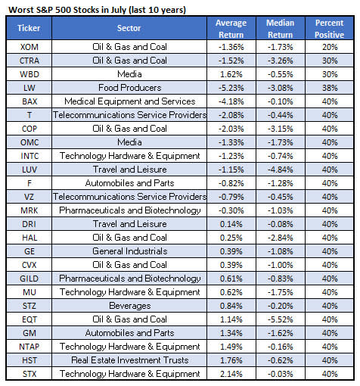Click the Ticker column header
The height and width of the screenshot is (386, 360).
(29, 28)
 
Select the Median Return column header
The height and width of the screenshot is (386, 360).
(281, 29)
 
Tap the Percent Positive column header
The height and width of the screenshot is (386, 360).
(329, 29)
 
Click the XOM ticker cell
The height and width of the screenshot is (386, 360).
(29, 47)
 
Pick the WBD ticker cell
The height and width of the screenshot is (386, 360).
(29, 74)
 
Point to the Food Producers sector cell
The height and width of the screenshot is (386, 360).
(129, 88)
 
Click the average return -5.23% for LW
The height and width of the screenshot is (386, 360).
(231, 88)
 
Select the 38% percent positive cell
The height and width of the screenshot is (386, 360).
(330, 88)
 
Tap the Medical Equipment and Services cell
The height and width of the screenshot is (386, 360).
(129, 101)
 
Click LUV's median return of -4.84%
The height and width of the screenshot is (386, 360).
(281, 170)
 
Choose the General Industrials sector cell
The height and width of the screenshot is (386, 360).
(129, 251)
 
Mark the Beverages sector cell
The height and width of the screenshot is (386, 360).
(129, 306)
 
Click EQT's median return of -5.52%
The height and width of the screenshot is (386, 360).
(281, 319)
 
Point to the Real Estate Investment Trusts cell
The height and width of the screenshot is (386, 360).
(129, 360)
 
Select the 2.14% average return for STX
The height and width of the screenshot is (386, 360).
(231, 374)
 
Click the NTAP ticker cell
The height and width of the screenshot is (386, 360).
(29, 347)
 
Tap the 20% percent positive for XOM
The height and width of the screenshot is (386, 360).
(330, 47)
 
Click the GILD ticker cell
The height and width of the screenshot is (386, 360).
(29, 279)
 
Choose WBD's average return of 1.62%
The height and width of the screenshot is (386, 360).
(231, 74)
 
